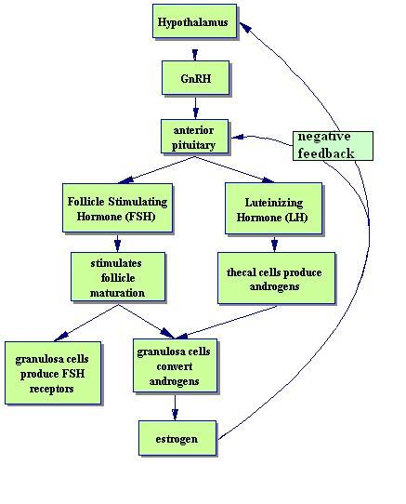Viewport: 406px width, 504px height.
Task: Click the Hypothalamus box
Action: pos(194,21)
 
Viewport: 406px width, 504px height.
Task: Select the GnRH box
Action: pos(195,78)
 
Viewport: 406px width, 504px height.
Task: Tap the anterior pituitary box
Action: pos(194,137)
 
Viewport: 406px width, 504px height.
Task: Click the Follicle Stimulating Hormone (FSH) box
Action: pos(117,208)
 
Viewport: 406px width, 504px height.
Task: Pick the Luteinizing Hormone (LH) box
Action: pos(273,208)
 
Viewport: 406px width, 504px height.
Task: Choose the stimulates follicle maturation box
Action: pos(118,277)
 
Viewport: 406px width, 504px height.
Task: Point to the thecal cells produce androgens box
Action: pos(276,278)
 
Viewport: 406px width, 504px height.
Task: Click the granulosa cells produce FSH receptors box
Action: pos(53,373)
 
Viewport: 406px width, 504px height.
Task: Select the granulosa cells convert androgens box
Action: pos(175,365)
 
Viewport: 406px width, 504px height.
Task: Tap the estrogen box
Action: pos(177,438)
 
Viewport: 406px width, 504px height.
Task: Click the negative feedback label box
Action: pos(333,146)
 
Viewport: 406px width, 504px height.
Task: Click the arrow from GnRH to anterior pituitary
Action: pos(195,107)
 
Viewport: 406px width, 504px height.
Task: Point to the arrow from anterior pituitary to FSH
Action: pos(157,170)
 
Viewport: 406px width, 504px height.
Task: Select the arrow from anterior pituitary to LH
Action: pos(234,169)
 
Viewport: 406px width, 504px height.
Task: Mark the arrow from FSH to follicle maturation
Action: pos(118,243)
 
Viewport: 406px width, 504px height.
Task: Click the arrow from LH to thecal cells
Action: pos(274,245)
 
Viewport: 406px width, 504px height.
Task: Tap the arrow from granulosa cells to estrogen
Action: pos(175,407)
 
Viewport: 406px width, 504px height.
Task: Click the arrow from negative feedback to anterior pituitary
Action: pos(262,139)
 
